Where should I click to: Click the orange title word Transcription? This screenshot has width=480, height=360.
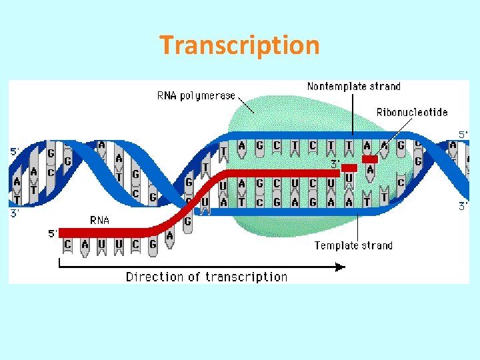pyautogui.click(x=239, y=45)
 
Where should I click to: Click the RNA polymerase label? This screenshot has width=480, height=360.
pyautogui.click(x=196, y=95)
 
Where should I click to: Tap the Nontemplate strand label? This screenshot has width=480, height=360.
pyautogui.click(x=353, y=86)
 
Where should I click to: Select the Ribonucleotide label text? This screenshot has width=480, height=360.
pyautogui.click(x=411, y=112)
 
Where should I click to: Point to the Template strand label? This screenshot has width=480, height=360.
pyautogui.click(x=353, y=245)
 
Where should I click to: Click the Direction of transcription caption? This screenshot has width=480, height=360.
pyautogui.click(x=207, y=277)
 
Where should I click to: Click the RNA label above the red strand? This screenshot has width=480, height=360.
pyautogui.click(x=99, y=220)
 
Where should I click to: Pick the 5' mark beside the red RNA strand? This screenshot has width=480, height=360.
pyautogui.click(x=53, y=233)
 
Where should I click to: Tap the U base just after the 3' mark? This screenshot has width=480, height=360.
pyautogui.click(x=349, y=177)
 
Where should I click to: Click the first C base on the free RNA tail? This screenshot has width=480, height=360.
pyautogui.click(x=67, y=245)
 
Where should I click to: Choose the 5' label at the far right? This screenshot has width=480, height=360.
pyautogui.click(x=463, y=135)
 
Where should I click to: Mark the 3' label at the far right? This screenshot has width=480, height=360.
pyautogui.click(x=463, y=207)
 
